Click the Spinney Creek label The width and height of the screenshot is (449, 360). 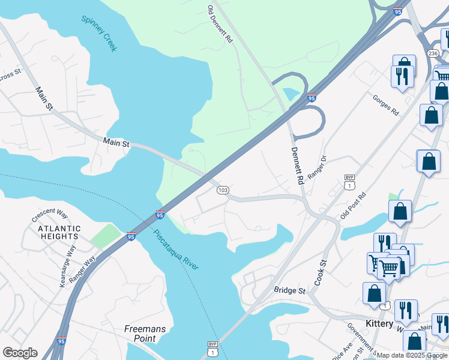(x=100, y=34)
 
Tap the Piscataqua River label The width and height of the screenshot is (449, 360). (x=175, y=249)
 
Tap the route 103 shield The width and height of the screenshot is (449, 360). (x=223, y=190)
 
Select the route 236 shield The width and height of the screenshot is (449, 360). (x=433, y=53)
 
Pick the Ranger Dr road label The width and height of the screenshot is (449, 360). (x=317, y=167)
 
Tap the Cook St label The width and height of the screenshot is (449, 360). (x=322, y=272)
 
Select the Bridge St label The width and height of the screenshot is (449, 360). (x=290, y=290)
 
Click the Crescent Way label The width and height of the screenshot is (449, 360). (x=51, y=213)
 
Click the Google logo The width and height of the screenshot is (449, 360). (x=20, y=353)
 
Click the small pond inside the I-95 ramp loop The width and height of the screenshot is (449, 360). (x=291, y=94)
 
